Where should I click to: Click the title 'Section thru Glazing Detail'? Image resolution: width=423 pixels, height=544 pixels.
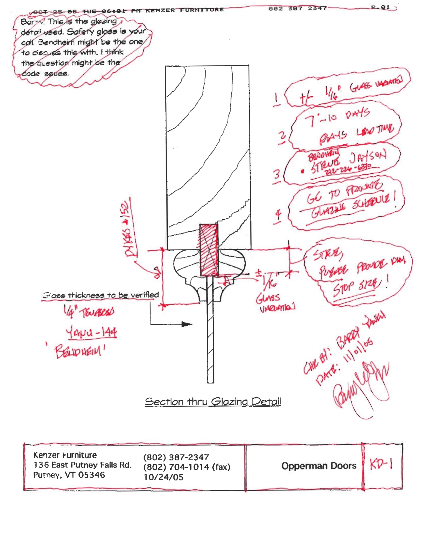213,401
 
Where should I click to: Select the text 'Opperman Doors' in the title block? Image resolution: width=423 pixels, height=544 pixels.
319,466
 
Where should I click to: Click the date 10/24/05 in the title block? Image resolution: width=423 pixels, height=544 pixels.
163,477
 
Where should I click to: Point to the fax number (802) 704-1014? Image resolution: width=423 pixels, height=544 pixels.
176,467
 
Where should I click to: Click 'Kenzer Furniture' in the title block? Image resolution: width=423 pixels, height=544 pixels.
65,455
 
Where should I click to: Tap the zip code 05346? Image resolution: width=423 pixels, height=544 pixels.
92,475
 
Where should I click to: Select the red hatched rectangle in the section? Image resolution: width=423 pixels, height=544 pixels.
209,250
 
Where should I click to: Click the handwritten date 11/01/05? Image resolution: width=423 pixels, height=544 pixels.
359,351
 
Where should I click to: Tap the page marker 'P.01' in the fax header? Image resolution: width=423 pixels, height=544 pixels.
380,7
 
